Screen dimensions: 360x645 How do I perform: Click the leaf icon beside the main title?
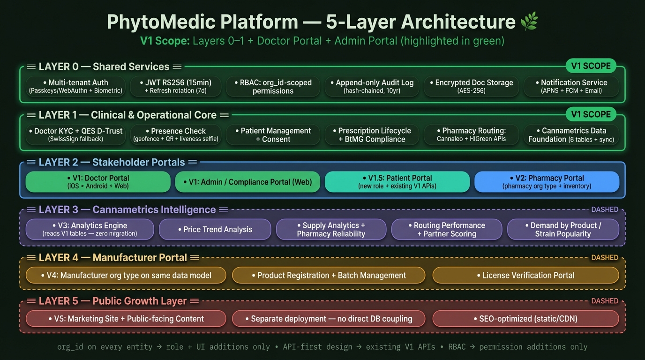tap(529, 21)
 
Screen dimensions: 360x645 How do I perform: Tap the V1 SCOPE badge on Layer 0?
tap(590, 66)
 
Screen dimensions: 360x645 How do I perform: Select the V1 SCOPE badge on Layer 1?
tap(590, 114)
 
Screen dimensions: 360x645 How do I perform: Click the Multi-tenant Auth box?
tap(75, 86)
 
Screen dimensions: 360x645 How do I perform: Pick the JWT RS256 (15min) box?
tap(174, 86)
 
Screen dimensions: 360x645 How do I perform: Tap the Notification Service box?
tap(571, 86)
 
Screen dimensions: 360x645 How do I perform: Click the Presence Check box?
tap(176, 135)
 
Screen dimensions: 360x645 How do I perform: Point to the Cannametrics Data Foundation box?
tap(571, 135)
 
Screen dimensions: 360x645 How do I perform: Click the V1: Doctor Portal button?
tap(98, 182)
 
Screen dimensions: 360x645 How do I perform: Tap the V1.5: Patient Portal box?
tap(397, 182)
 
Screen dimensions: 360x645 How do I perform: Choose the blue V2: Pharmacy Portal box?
tap(547, 182)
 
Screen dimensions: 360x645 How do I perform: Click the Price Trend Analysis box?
tap(215, 230)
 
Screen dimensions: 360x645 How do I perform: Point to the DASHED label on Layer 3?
tap(605, 210)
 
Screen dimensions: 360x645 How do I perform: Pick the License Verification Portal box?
tap(525, 275)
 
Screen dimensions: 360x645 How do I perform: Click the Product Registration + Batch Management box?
tap(329, 275)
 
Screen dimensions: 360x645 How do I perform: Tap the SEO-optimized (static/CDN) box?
tap(525, 319)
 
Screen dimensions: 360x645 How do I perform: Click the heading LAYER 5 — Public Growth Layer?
tap(112, 301)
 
